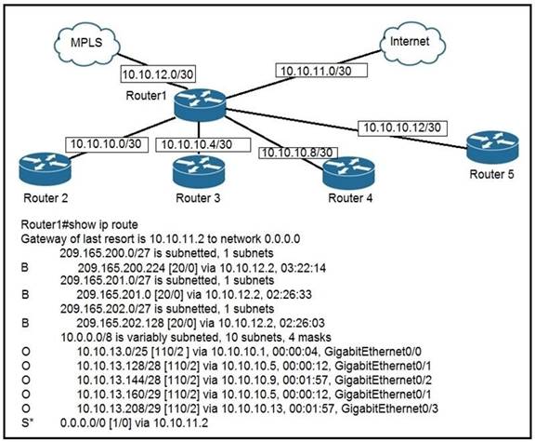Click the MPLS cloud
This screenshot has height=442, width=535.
tap(87, 43)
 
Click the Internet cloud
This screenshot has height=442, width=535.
tap(412, 43)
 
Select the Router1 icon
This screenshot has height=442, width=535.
tap(200, 104)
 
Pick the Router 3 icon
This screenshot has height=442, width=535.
tap(199, 171)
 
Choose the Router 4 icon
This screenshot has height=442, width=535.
tap(348, 173)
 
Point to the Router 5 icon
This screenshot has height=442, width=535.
tap(492, 148)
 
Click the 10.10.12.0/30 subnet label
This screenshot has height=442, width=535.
tap(158, 74)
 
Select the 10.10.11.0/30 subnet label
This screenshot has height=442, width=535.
tap(321, 71)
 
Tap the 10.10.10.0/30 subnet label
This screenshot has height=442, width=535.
tap(107, 144)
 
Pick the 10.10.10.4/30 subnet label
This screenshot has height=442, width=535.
tap(203, 144)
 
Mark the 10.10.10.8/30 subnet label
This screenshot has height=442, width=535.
tap(298, 153)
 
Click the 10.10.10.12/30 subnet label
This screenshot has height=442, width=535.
tap(402, 127)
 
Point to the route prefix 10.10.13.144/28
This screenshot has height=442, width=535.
tap(119, 380)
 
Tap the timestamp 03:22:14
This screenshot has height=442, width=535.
tap(303, 268)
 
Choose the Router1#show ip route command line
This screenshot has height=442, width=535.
tap(80, 224)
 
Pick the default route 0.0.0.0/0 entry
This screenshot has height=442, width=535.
tap(134, 422)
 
